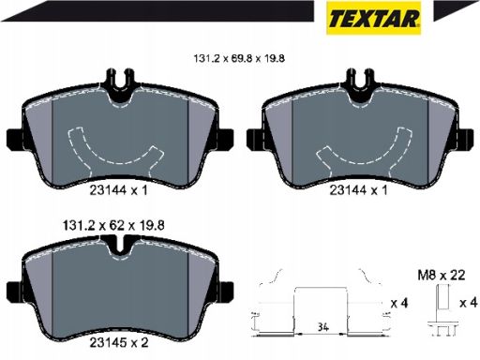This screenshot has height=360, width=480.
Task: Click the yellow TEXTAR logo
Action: [x=373, y=18]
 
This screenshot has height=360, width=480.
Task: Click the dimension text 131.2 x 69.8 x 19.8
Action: [x=239, y=58]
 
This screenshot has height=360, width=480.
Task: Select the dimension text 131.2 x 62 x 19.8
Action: [x=113, y=225]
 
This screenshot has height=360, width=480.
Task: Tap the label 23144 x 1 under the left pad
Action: [x=118, y=190]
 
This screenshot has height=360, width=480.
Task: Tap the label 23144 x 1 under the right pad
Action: [x=358, y=190]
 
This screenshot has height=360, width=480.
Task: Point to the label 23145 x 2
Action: [x=119, y=343]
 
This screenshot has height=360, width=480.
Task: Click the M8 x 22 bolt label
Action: [x=442, y=276]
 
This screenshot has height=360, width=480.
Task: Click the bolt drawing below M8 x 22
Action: [x=442, y=309]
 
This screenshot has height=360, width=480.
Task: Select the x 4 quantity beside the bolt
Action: [x=469, y=303]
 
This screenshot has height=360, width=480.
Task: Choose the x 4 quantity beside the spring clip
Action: [x=399, y=303]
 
